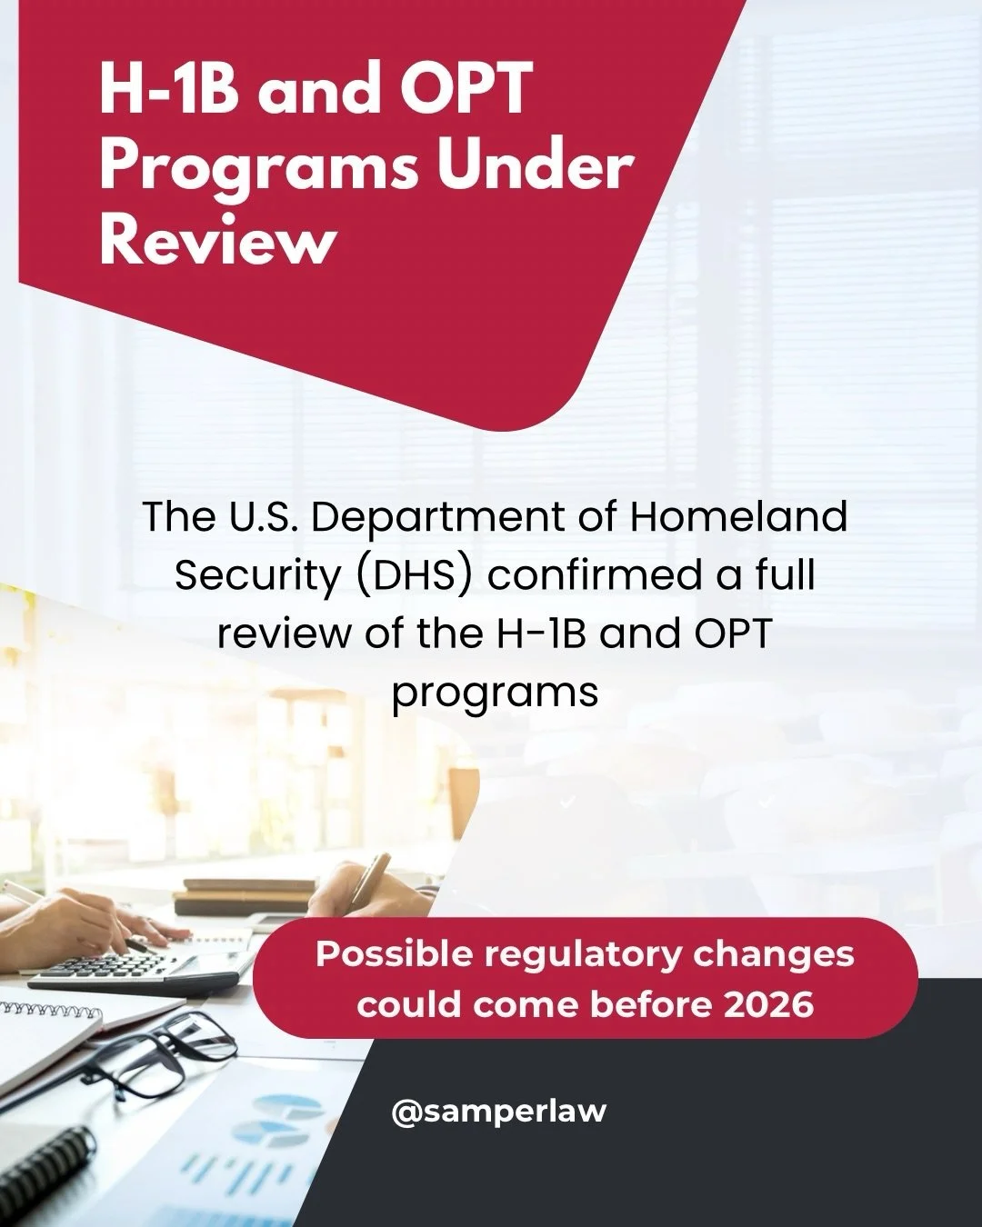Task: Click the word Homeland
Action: pyautogui.click(x=738, y=516)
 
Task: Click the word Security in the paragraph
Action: pyautogui.click(x=256, y=575)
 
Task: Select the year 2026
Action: pyautogui.click(x=768, y=1004)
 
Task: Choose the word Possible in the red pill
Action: pyautogui.click(x=395, y=954)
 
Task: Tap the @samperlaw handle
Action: pyautogui.click(x=498, y=1111)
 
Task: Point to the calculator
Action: pyautogui.click(x=136, y=968)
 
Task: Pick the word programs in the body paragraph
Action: pyautogui.click(x=495, y=693)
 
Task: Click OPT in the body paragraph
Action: pyautogui.click(x=733, y=633)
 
